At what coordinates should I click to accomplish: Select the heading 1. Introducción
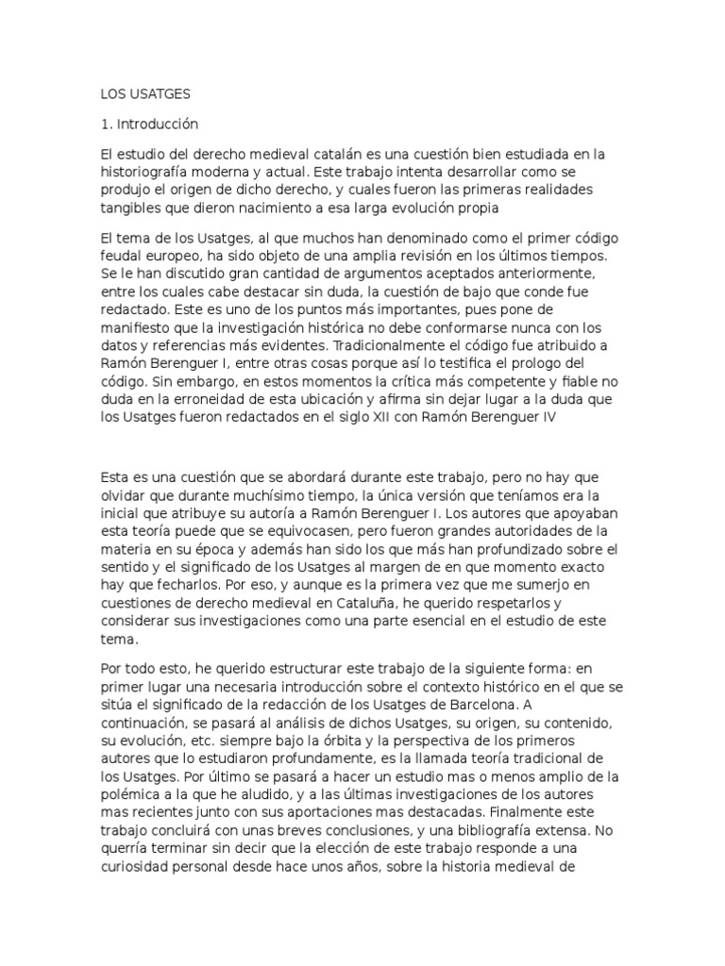point(150,124)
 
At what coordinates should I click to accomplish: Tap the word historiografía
point(155,173)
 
